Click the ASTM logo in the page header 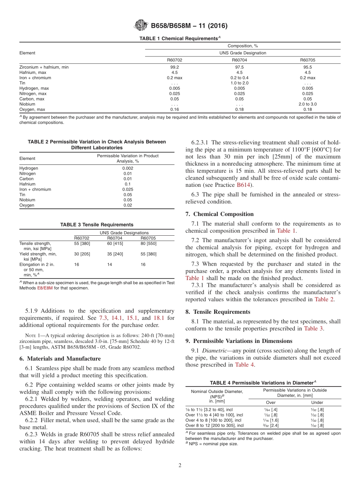pyautogui.click(x=141, y=26)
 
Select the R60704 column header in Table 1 pyautogui.click(x=239, y=60)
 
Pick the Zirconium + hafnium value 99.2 pyautogui.click(x=174, y=67)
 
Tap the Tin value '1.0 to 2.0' pyautogui.click(x=239, y=83)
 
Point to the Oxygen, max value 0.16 pyautogui.click(x=174, y=110)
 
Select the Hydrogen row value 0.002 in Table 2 pyautogui.click(x=128, y=168)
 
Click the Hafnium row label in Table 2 pyautogui.click(x=27, y=184)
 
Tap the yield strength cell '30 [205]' pyautogui.click(x=82, y=254)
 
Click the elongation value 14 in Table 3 pyautogui.click(x=110, y=265)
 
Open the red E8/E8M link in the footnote pyautogui.click(x=42, y=288)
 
